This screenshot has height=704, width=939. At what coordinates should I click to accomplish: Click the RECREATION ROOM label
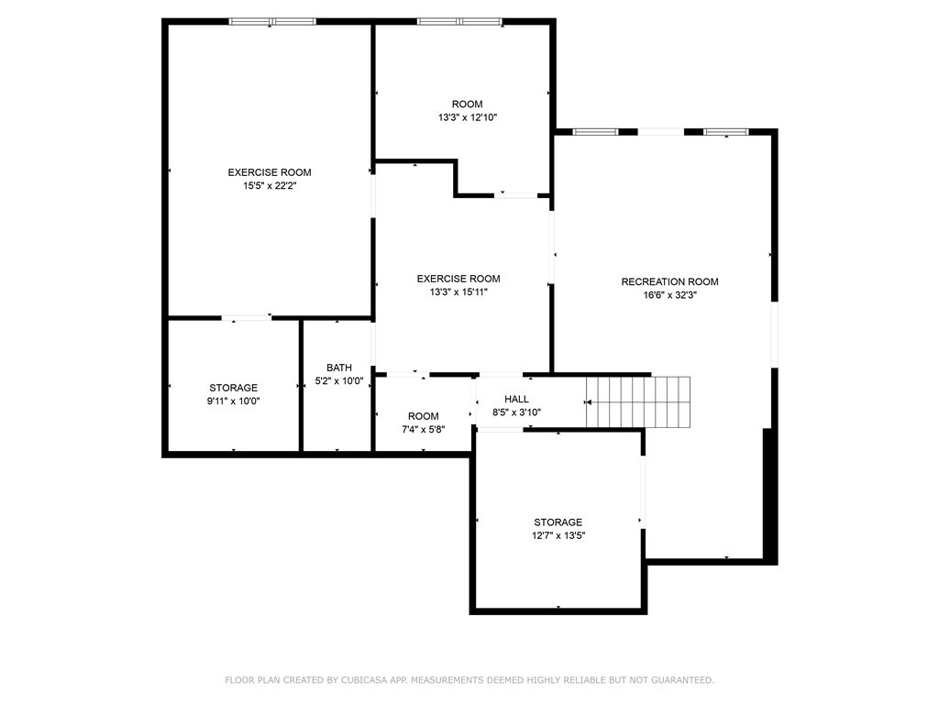(669, 281)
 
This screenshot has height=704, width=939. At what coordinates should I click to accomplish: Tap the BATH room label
(339, 368)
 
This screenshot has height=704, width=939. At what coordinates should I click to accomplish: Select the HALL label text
(516, 399)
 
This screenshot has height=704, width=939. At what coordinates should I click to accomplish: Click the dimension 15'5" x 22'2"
(270, 185)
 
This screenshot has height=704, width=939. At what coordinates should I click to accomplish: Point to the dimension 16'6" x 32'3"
(669, 294)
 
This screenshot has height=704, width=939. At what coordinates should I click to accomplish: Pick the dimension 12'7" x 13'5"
(558, 535)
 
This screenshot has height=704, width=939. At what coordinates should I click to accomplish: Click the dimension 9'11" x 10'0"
(234, 401)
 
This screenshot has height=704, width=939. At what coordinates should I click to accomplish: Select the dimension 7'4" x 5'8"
(424, 429)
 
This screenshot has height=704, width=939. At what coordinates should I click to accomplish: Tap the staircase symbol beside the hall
(638, 401)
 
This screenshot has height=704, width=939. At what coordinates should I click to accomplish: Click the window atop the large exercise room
(272, 22)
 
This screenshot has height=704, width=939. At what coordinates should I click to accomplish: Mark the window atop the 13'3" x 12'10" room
(459, 22)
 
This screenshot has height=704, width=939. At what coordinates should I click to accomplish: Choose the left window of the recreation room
(596, 132)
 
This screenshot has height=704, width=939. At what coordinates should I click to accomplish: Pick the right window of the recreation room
(726, 132)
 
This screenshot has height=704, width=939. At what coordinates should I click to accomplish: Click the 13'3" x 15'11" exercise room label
(458, 279)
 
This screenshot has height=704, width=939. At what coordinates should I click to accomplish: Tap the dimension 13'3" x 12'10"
(468, 117)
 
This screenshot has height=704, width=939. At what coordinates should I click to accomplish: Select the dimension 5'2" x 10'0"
(339, 380)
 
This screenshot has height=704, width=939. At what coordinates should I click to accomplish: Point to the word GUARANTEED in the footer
(682, 680)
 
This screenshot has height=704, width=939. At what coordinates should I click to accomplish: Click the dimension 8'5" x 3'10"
(516, 412)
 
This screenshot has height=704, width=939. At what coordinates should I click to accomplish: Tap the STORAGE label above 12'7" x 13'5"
(558, 522)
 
